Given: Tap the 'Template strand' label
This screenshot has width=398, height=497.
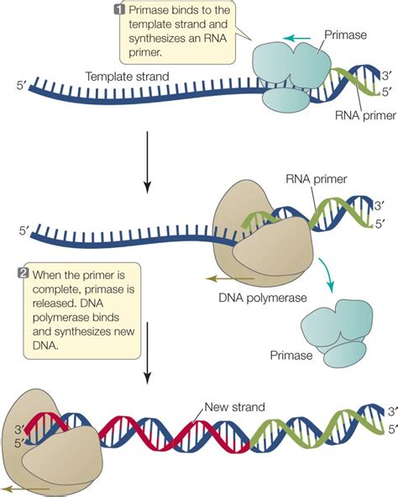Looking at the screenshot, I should pos(125,76).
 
